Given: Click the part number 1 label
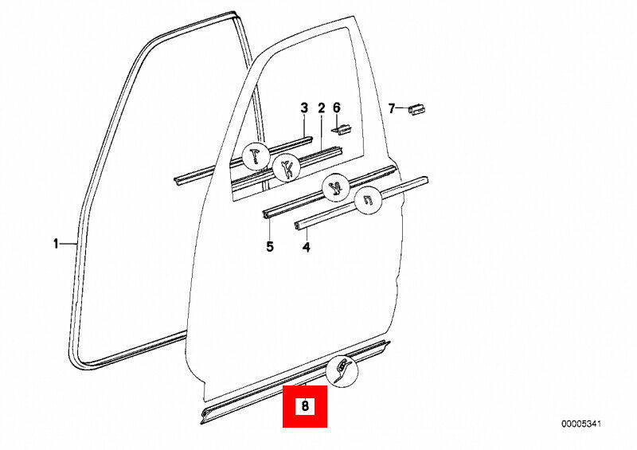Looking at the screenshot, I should (56, 244).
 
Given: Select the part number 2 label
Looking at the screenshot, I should (322, 108).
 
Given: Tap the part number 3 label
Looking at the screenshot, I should (303, 108).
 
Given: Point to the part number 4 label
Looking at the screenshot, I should (306, 247).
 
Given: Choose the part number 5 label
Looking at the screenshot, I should (270, 247).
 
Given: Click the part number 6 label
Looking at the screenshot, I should (336, 108).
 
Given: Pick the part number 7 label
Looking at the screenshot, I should (391, 108).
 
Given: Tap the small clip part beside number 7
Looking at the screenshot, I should (417, 109).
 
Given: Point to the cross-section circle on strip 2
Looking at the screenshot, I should (286, 168).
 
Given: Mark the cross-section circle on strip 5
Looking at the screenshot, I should (335, 190).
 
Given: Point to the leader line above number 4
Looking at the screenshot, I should (306, 234).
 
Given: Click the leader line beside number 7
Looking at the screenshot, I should (402, 108).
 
